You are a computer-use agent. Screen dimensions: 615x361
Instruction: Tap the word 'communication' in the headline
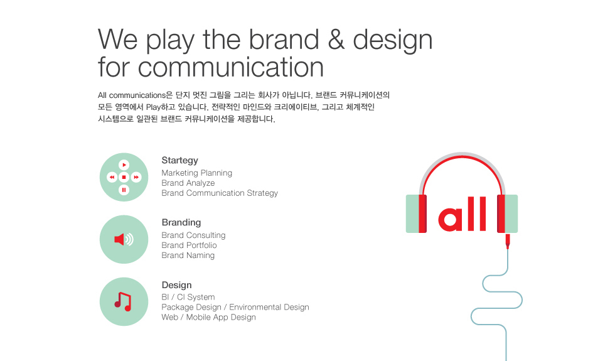tap(231, 67)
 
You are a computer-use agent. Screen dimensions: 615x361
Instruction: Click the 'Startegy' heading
tap(179, 161)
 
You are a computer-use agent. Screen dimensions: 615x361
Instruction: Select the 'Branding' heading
tap(181, 222)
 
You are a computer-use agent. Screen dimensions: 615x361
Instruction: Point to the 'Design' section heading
tap(176, 285)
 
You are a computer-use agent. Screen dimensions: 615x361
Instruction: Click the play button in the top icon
tap(124, 164)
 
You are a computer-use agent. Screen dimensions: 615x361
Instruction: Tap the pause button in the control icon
tap(124, 190)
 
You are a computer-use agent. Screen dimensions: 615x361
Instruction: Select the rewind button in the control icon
tap(112, 177)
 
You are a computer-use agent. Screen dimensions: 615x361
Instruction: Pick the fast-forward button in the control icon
tap(136, 177)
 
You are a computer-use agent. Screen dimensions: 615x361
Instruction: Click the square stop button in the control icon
tap(124, 177)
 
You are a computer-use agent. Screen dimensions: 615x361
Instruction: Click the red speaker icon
tap(124, 239)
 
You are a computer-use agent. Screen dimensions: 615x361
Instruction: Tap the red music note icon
tap(123, 302)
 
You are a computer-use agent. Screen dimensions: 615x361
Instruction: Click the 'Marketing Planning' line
tap(196, 173)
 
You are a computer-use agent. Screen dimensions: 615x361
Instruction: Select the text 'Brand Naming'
tap(188, 256)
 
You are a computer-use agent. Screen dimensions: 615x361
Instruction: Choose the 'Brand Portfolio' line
tap(189, 245)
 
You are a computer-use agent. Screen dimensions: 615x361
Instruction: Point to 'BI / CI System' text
tap(188, 297)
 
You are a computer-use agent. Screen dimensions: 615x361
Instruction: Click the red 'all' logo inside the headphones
tap(462, 214)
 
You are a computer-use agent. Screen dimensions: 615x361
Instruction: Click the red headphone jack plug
tap(508, 241)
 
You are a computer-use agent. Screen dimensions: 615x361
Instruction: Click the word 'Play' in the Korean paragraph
tap(153, 107)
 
